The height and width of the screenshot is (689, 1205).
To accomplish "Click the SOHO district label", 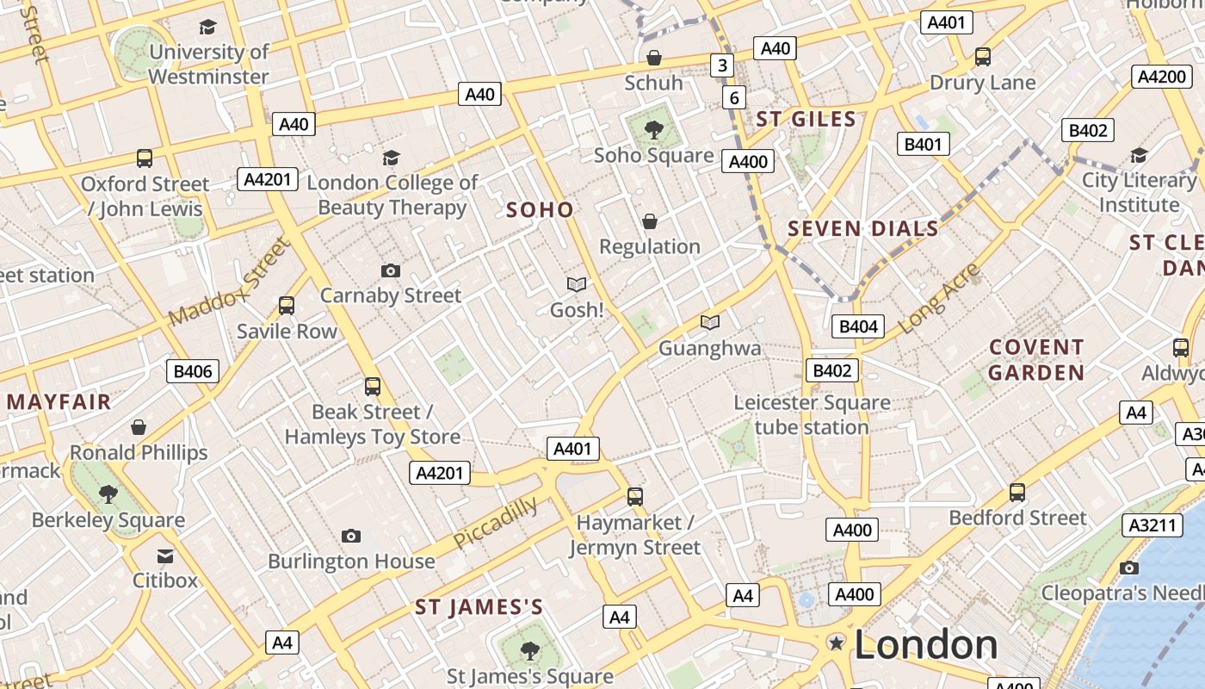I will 540,209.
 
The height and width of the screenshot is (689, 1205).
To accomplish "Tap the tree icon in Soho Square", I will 653,130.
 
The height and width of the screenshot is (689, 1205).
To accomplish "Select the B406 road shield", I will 192,371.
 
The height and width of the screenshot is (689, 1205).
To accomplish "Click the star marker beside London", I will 835,642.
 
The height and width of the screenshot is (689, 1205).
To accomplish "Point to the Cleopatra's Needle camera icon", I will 1129,568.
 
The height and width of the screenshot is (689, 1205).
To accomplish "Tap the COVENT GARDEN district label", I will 1035,360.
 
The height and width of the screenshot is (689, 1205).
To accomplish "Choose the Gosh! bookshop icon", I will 576,284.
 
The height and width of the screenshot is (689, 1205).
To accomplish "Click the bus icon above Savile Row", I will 287,306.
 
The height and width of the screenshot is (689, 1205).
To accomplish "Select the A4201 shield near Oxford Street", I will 268,179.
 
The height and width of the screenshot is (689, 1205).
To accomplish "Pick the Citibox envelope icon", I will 165,556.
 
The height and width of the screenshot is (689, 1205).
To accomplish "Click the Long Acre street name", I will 939,299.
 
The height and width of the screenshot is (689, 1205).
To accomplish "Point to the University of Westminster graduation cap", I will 207,27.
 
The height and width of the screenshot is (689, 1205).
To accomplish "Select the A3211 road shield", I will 1151,525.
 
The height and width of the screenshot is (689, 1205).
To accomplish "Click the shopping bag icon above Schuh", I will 653,58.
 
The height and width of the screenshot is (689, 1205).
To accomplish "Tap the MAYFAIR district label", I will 59,401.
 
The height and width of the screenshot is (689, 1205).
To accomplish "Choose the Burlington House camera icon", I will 351,537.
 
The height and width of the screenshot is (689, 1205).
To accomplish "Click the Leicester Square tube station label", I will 812,414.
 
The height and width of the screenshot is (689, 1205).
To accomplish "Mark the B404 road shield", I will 857,326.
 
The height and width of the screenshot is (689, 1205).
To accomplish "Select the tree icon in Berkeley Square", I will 108,493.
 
